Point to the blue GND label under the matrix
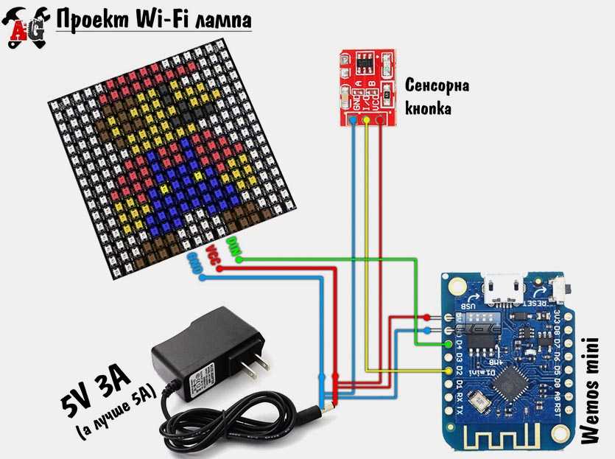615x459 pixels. [196, 264]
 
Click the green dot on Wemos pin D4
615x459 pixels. [449, 343]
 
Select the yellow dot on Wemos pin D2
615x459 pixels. [449, 370]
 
